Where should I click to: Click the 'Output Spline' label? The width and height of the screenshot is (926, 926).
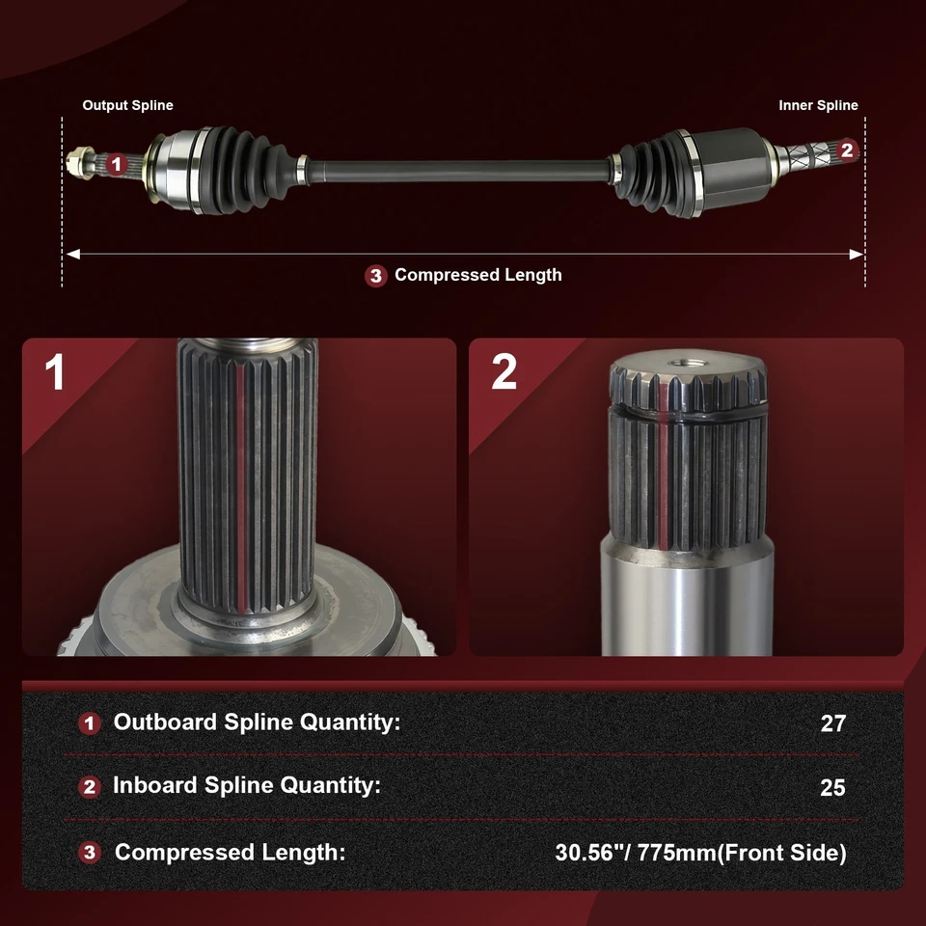coord(127,105)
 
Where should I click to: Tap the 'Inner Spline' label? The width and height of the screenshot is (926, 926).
coord(818,105)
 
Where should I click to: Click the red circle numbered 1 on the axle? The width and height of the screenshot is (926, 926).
coord(116,165)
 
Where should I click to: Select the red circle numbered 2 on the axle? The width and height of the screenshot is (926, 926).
coord(847,150)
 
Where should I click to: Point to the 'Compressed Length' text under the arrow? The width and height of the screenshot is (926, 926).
coord(477,275)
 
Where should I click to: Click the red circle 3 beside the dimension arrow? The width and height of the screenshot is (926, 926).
coord(376,276)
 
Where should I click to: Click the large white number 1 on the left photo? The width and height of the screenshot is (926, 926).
coord(55,373)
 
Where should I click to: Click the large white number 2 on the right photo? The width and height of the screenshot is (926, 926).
coord(504,373)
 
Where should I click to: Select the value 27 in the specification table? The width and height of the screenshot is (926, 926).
coord(832,723)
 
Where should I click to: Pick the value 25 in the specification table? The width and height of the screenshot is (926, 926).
coord(832,788)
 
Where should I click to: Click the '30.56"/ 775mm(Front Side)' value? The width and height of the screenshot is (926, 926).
coord(700,853)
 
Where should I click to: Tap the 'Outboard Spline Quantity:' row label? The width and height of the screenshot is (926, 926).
coord(257,722)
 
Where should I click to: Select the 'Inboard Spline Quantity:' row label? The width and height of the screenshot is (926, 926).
coord(247,785)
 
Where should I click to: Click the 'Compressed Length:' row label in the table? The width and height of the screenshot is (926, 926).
coord(230,853)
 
